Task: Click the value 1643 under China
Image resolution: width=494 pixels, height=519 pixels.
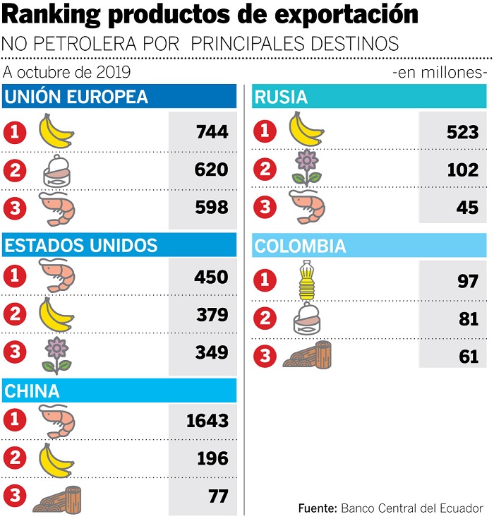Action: pyautogui.click(x=207, y=422)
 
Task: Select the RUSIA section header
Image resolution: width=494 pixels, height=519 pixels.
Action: pyautogui.click(x=282, y=97)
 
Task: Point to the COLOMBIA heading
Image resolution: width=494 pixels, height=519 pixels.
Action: pyautogui.click(x=300, y=246)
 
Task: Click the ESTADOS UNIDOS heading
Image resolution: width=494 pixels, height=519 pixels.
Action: pyautogui.click(x=81, y=246)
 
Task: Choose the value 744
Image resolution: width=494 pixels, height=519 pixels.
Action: pyautogui.click(x=212, y=131)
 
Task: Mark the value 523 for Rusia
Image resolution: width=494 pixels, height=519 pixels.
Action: pyautogui.click(x=462, y=131)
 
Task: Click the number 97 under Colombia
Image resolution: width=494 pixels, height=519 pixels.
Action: pyautogui.click(x=468, y=282)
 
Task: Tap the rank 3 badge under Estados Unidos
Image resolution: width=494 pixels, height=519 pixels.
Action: pyautogui.click(x=15, y=352)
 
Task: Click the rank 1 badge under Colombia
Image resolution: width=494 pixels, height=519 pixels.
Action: pyautogui.click(x=265, y=281)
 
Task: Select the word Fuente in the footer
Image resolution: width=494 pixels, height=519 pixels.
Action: pyautogui.click(x=317, y=508)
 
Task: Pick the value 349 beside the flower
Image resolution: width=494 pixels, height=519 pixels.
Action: pyautogui.click(x=212, y=352)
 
